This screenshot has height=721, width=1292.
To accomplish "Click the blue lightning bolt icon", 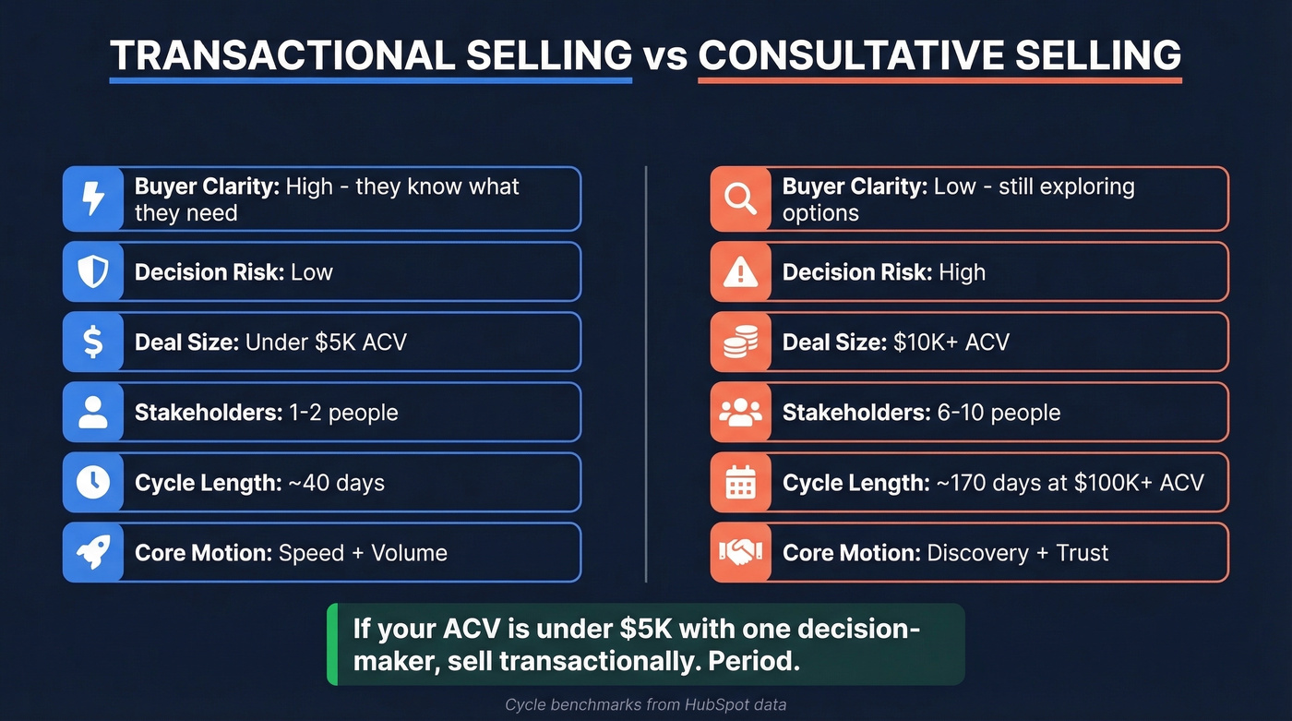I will point(93,198).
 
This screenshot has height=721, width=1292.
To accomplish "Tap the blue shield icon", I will point(93,271).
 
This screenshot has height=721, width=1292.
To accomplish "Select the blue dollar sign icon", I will point(93,342).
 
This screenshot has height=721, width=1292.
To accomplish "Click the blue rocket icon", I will point(93,552).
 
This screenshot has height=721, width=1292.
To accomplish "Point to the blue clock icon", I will point(93,482).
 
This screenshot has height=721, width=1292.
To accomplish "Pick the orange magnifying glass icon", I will point(741,198).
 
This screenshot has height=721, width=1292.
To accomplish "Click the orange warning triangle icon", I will point(741,271).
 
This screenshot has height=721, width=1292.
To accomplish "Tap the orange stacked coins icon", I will point(741,342).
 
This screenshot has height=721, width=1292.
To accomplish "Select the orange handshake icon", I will point(741,552).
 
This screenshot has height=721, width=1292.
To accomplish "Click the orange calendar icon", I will point(741,482).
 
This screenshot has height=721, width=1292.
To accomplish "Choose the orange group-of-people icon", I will point(741,412).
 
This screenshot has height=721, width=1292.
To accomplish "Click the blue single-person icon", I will point(93,412).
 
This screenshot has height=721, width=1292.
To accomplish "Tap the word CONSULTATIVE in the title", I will point(848,56).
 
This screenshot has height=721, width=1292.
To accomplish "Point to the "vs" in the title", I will point(664,57).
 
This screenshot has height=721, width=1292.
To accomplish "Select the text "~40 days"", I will point(335,483).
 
